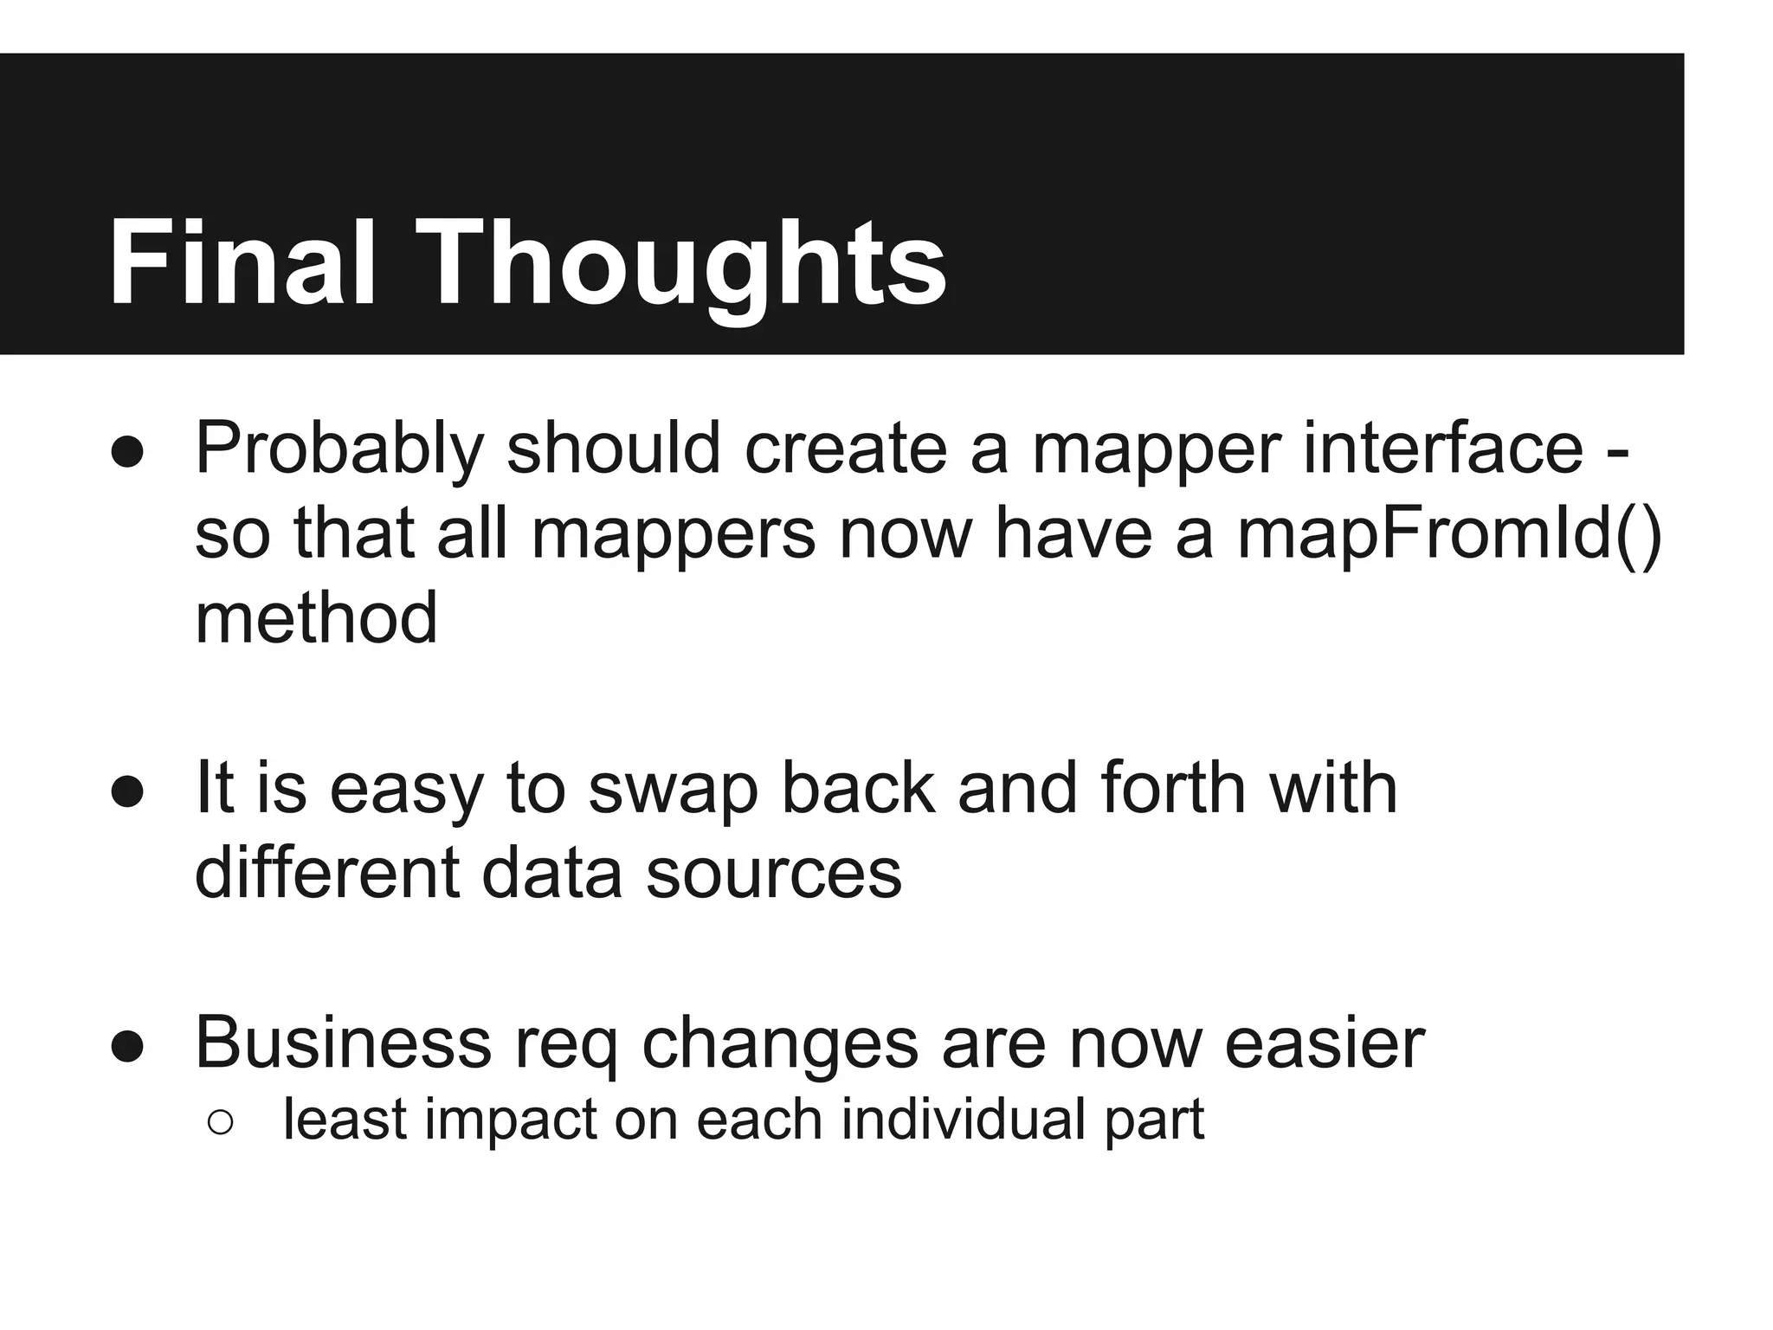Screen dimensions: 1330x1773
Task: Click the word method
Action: tap(316, 618)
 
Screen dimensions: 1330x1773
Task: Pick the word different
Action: tap(326, 873)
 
